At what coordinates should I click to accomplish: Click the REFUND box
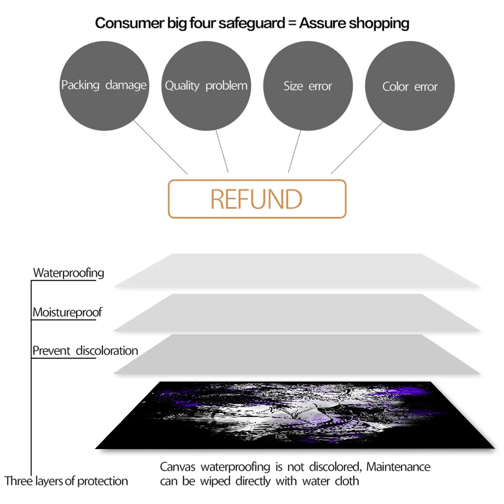(257, 199)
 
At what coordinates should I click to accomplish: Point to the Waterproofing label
(69, 273)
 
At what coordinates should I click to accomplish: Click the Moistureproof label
(67, 312)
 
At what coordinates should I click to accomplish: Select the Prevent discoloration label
(85, 351)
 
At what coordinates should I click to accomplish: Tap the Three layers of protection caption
(67, 481)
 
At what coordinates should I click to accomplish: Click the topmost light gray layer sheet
(297, 271)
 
